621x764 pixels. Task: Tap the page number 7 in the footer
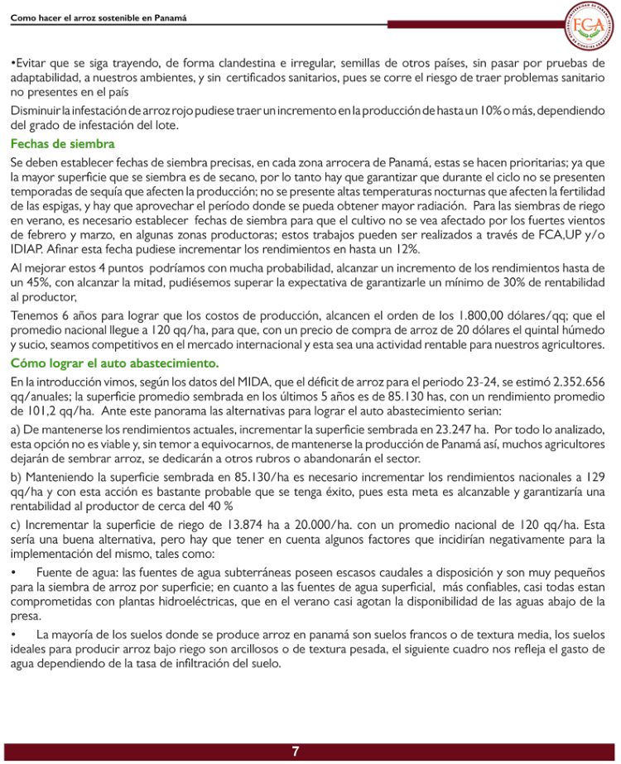click(295, 752)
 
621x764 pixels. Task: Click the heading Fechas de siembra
click(51, 144)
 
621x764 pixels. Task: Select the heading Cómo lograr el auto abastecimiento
click(114, 364)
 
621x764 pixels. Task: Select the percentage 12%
click(405, 248)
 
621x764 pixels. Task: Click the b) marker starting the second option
click(16, 478)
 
